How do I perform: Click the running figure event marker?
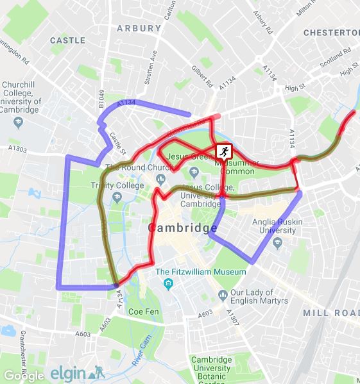pos(223,151)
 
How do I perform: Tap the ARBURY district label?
pos(139,28)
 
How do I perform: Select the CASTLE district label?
pos(67,40)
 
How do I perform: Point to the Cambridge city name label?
pos(183,228)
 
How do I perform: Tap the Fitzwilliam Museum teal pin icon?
pos(168,283)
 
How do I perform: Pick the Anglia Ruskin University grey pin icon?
pos(277,243)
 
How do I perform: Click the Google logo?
pos(24,375)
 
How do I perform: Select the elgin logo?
pos(76,372)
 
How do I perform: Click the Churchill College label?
pos(22,97)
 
